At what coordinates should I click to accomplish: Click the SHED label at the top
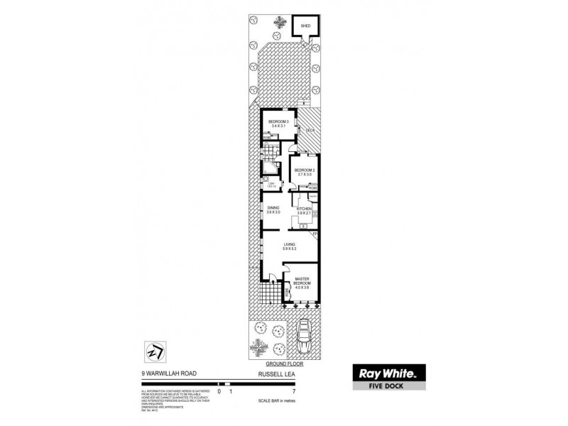point(306,26)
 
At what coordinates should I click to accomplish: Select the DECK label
point(310,130)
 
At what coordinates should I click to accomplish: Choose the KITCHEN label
point(305,209)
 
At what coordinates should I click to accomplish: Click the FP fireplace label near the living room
point(315,234)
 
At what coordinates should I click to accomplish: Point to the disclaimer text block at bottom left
point(166,400)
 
